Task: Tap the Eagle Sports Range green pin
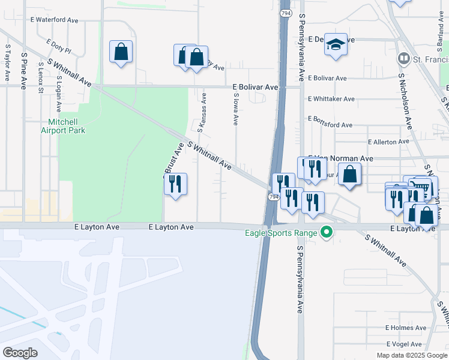pos(327,232)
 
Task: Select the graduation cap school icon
pos(336,45)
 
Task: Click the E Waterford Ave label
pos(55,20)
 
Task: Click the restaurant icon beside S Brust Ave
pos(175,184)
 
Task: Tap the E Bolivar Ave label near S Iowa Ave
pos(256,87)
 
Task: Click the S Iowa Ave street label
pos(236,109)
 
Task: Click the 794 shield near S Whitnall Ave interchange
pos(274,197)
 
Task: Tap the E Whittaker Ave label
pos(331,99)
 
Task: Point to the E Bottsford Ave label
pos(330,125)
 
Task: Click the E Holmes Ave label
pos(406,328)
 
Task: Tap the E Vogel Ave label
pos(406,344)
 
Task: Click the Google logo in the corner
pos(20,352)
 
